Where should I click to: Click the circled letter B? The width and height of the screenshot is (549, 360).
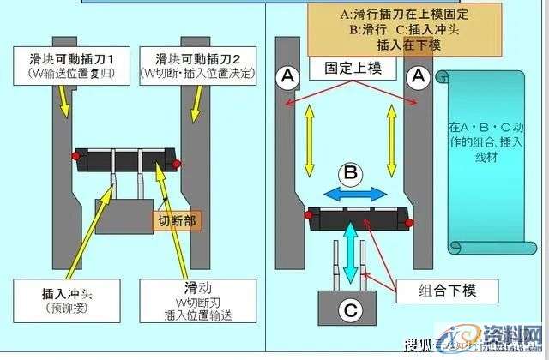click(349, 171)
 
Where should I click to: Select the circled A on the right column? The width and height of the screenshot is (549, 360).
click(419, 77)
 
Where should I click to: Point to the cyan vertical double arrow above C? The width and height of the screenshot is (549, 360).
click(350, 253)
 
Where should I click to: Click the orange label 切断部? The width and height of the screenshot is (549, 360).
click(177, 221)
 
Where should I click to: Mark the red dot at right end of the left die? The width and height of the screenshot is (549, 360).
click(177, 163)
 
